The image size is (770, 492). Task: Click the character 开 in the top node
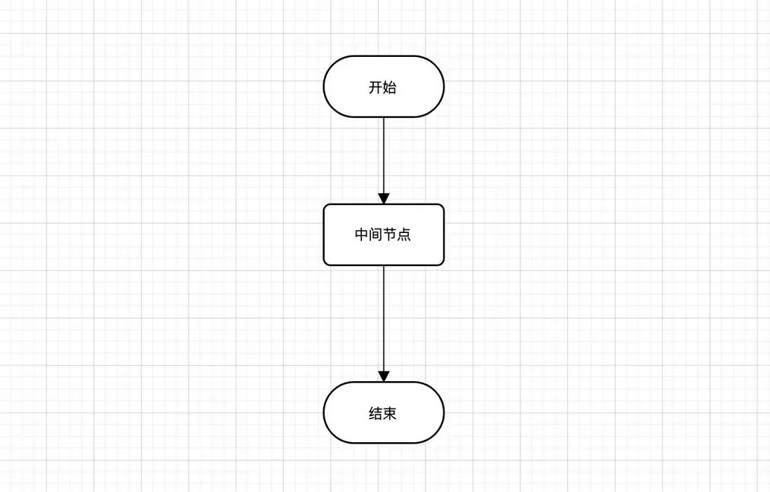pos(376,88)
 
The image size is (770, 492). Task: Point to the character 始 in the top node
pos(390,88)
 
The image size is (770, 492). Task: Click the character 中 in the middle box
pos(362,235)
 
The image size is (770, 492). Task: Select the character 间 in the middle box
pos(376,235)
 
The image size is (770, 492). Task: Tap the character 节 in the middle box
pos(390,235)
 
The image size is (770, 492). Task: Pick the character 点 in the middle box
pos(404,235)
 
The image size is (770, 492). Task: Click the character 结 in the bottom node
pos(376,413)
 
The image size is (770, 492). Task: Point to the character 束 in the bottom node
pos(390,413)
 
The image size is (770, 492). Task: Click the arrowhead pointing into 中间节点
pos(384,198)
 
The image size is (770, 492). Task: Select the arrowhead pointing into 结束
pos(384,375)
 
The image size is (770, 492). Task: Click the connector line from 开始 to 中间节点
pos(384,154)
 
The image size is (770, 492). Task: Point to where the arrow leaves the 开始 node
pos(384,119)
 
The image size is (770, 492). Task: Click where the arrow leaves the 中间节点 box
pos(384,267)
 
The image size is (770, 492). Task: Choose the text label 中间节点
pos(383,235)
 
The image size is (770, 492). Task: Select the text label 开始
pos(383,88)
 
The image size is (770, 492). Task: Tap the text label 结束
pos(383,413)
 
